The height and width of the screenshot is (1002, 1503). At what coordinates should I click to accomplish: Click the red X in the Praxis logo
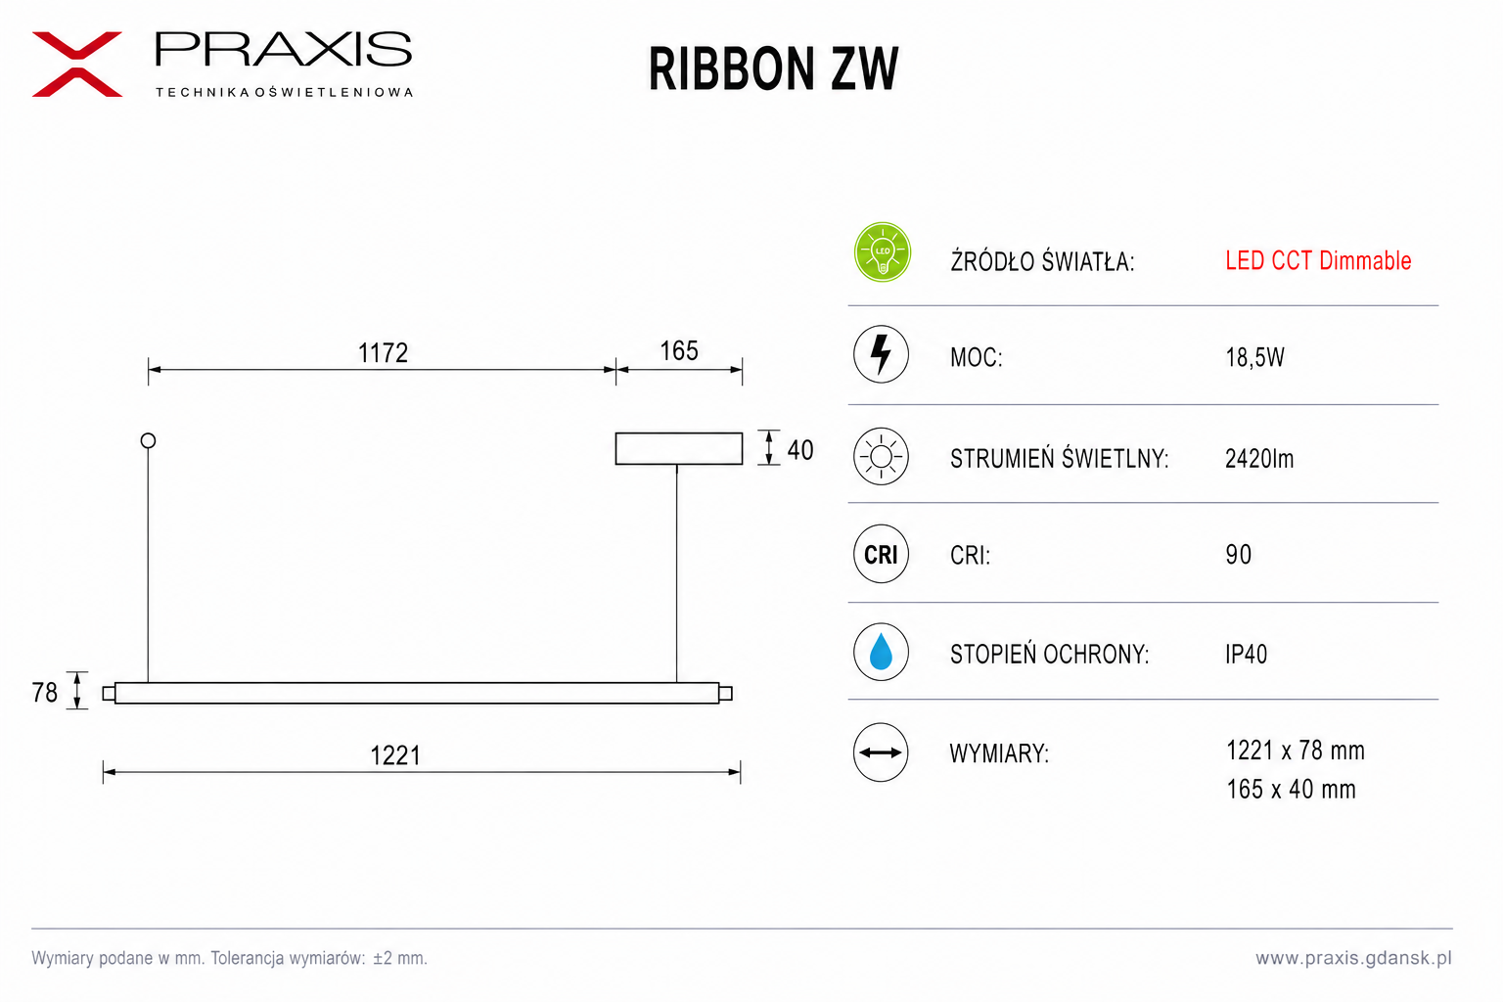click(77, 65)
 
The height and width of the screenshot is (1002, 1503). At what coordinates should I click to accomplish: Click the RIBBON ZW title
click(773, 69)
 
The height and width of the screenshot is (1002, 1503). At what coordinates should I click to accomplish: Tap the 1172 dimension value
click(383, 353)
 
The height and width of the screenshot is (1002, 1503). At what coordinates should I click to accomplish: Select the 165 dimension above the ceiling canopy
click(678, 351)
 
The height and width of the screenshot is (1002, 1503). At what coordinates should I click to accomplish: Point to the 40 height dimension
click(799, 450)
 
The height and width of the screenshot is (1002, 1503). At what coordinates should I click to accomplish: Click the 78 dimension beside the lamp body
click(45, 693)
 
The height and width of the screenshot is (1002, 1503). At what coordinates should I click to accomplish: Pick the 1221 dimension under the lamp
click(395, 755)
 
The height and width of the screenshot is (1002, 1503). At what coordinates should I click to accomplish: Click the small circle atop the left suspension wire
click(149, 440)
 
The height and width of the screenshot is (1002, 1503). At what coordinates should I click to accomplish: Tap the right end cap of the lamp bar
click(725, 694)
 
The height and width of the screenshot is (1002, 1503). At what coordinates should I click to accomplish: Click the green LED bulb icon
click(882, 252)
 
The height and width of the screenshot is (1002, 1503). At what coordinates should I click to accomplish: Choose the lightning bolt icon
click(881, 354)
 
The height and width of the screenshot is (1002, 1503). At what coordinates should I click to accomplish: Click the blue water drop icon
click(881, 652)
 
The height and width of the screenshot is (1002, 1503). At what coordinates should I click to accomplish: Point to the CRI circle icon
click(881, 554)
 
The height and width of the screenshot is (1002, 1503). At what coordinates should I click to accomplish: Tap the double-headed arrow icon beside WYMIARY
click(881, 752)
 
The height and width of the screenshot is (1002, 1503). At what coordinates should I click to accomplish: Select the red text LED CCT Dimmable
click(1318, 260)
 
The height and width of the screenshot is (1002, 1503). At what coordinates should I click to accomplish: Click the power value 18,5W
click(1254, 357)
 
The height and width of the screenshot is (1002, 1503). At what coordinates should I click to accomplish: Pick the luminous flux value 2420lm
click(1259, 458)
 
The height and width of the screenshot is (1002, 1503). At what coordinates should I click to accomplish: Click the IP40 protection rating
click(1246, 654)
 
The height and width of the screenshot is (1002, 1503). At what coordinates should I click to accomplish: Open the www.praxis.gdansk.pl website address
click(1353, 958)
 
